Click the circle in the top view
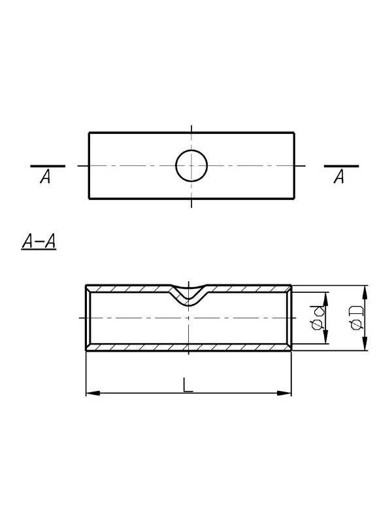[x=176, y=166]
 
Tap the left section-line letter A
[x=45, y=177]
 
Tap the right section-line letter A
[x=338, y=177]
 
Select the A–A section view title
[x=39, y=241]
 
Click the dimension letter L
[x=188, y=384]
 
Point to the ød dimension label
[x=318, y=318]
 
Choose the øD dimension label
[x=356, y=318]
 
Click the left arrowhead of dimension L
[x=93, y=394]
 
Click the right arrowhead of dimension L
[x=284, y=394]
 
